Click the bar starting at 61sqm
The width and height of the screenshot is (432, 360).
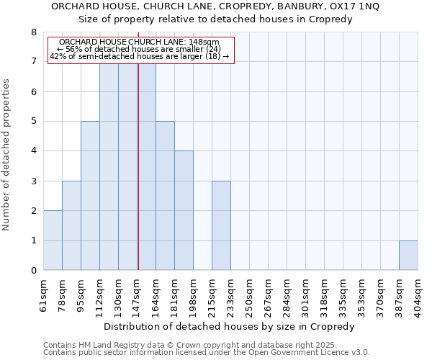pyautogui.click(x=53, y=240)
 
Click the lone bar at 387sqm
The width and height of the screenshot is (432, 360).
pyautogui.click(x=408, y=256)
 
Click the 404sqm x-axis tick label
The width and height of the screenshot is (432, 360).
pyautogui.click(x=418, y=294)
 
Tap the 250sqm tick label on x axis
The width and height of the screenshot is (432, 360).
pyautogui.click(x=249, y=294)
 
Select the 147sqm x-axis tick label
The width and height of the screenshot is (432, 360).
pyautogui.click(x=137, y=294)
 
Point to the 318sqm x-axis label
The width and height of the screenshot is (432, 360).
pyautogui.click(x=324, y=294)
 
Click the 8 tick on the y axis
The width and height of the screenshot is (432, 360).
pyautogui.click(x=33, y=32)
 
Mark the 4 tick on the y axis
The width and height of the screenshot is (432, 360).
pyautogui.click(x=33, y=151)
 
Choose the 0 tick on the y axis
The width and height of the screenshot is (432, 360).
pyautogui.click(x=33, y=271)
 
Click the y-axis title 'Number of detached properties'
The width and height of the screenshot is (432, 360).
pyautogui.click(x=7, y=155)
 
